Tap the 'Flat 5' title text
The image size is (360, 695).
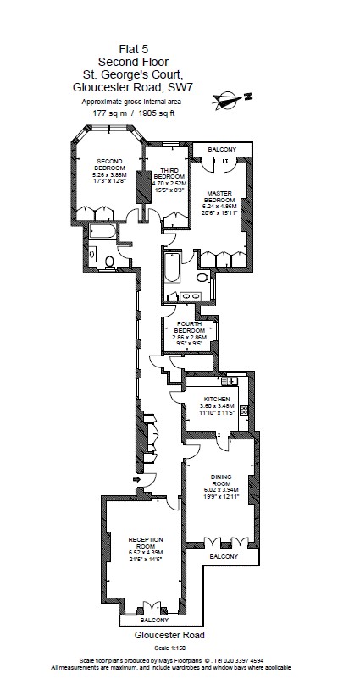click(121, 50)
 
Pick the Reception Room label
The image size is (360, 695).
click(145, 546)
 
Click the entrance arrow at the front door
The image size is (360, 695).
click(137, 480)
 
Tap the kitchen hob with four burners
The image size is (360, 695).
click(242, 411)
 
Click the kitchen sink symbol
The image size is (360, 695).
click(230, 383)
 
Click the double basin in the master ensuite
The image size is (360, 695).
click(191, 295)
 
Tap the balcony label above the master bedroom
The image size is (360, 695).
click(223, 150)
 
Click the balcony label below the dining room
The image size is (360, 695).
click(224, 557)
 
